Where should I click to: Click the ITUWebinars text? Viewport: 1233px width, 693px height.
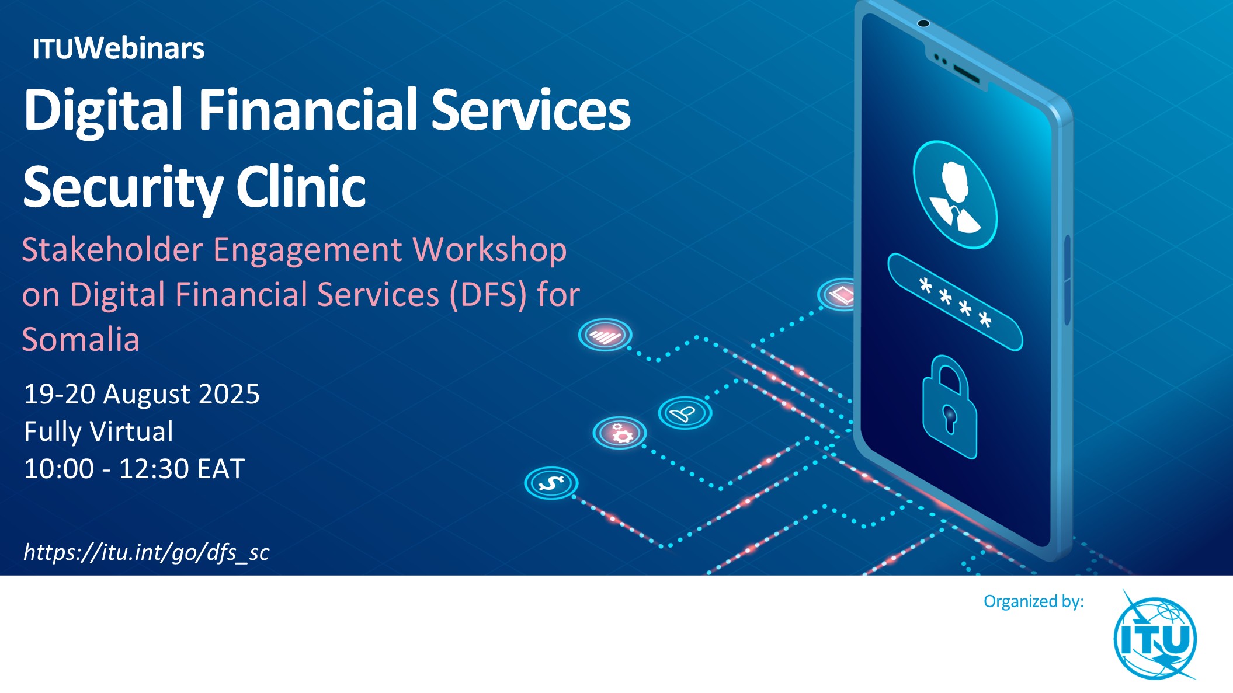118,48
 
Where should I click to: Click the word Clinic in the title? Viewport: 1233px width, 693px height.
301,187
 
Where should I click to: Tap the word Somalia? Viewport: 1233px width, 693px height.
81,339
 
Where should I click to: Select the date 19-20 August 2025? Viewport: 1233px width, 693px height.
141,394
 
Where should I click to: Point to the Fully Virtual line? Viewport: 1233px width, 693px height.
98,431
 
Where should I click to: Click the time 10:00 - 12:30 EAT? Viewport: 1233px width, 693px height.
134,469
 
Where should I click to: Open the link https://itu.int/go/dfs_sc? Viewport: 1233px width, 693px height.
146,552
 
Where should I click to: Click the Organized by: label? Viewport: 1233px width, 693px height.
1034,601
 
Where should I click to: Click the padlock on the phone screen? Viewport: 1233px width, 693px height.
949,408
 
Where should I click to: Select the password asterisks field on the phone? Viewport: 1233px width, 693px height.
955,302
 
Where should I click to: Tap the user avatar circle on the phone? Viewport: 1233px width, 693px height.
955,195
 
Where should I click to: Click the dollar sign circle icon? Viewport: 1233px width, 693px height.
551,483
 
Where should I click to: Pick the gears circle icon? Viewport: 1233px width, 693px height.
620,433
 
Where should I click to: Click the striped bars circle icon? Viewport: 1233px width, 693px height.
605,335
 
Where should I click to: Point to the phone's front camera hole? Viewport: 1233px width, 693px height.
923,23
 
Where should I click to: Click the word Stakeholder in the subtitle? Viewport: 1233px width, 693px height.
113,250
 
